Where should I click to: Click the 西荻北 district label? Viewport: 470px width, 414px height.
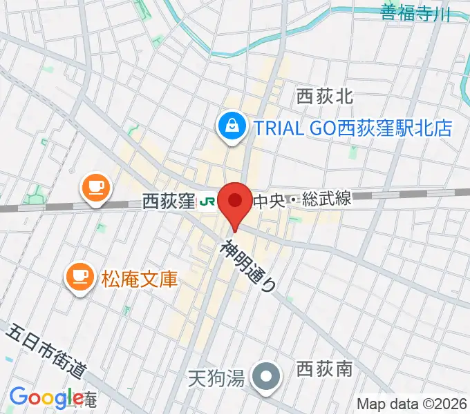pos(324,96)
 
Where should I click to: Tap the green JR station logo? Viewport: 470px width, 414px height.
pos(205,202)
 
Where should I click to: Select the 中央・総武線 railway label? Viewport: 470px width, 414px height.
pos(302,201)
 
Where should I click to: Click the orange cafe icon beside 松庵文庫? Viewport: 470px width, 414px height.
pos(78,277)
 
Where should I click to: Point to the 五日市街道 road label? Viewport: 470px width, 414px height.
pos(46,352)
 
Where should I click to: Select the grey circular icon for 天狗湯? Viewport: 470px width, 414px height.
pos(265,377)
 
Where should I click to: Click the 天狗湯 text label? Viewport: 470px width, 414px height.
pos(216,378)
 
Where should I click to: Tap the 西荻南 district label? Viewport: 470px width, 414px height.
pos(324,370)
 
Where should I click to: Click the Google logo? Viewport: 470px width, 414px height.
pos(46,397)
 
